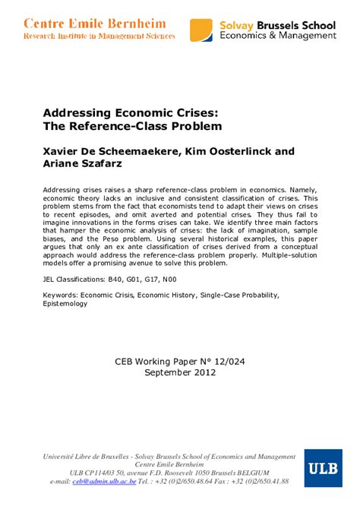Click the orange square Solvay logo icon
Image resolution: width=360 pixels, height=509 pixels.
point(201,30)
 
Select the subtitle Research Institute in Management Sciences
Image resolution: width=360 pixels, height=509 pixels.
point(99,36)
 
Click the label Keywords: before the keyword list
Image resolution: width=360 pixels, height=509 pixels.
point(65,294)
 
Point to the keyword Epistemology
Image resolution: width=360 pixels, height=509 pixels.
point(65,303)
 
